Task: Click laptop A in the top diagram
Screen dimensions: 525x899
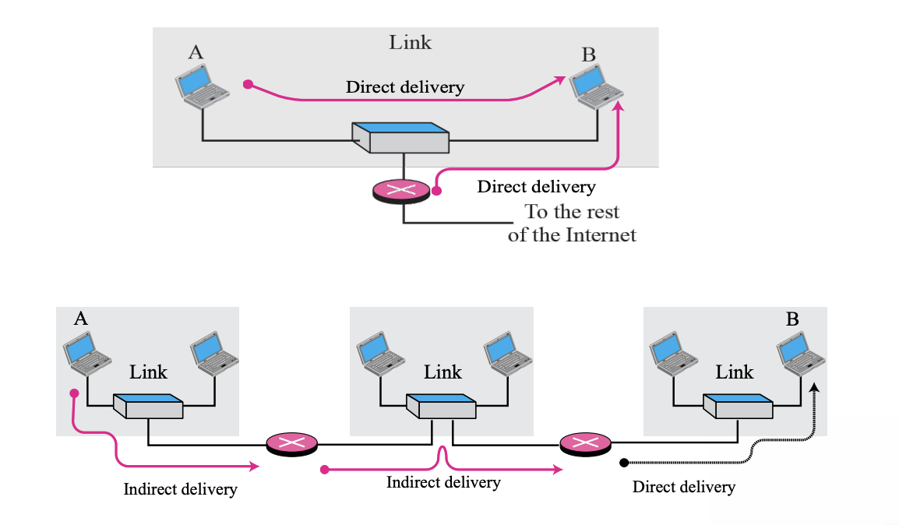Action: [202, 85]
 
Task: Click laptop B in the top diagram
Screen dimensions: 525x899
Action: [596, 86]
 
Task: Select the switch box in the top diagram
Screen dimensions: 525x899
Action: [400, 137]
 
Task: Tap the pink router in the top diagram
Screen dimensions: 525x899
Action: [401, 190]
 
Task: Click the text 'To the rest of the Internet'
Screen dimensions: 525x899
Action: [572, 223]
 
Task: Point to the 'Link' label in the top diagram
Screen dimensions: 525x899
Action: [410, 42]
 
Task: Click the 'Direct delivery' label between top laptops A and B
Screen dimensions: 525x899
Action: [404, 86]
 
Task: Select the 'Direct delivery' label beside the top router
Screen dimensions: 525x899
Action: [536, 187]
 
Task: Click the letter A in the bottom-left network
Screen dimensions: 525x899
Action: [80, 318]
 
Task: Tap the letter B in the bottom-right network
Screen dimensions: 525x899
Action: [792, 319]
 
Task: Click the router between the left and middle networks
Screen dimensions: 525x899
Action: [291, 444]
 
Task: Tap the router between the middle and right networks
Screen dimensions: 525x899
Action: [585, 444]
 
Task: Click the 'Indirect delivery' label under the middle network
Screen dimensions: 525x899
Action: [443, 483]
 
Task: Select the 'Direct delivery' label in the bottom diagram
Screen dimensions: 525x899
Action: [683, 488]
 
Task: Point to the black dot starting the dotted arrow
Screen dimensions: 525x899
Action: [624, 463]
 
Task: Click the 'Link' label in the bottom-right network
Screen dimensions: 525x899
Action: [735, 372]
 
